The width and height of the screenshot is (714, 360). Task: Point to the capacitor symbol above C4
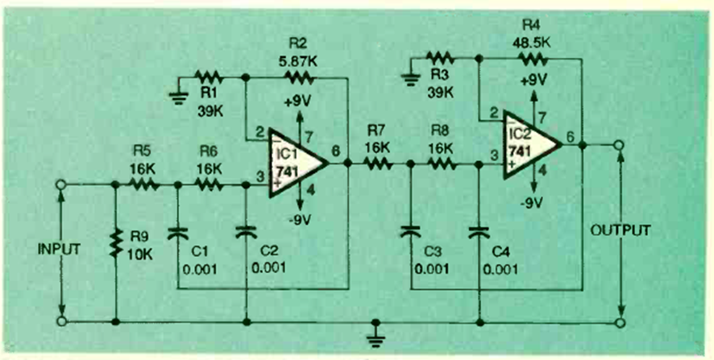click(479, 233)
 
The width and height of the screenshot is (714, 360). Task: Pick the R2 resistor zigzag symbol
click(296, 77)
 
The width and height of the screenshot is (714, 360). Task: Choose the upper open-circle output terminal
click(620, 145)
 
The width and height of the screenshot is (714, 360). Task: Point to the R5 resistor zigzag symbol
click(145, 184)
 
